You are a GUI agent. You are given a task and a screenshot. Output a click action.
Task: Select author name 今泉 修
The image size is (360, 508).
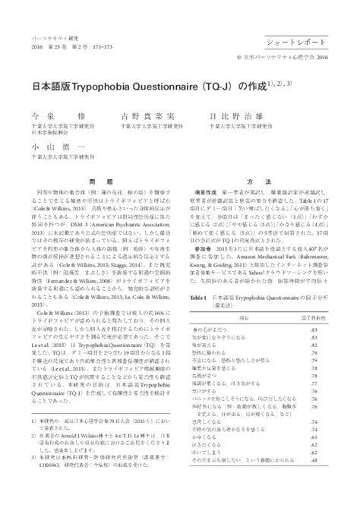[x=43, y=117]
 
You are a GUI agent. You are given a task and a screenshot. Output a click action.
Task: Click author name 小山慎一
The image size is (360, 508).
[x=43, y=146]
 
